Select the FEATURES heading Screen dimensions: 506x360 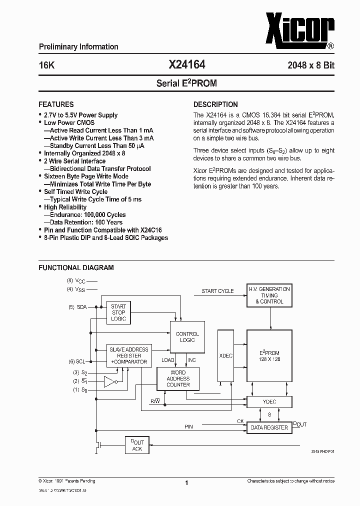[x=56, y=104]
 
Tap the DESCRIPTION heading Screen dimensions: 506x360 [x=215, y=104]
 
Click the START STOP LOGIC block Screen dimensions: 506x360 [x=118, y=312]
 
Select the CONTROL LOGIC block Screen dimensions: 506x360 [x=187, y=336]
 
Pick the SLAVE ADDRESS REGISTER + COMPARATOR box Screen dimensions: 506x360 [x=129, y=355]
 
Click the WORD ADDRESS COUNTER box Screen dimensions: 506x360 [x=178, y=378]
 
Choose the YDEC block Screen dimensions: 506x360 [x=269, y=401]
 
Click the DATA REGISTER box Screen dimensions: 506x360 [x=269, y=427]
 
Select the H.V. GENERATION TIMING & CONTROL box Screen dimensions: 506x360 [x=269, y=295]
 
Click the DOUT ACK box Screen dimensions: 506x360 [x=137, y=445]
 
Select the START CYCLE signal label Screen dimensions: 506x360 [x=217, y=291]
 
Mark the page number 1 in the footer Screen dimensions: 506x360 [x=186, y=483]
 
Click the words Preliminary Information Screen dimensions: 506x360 [x=78, y=46]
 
